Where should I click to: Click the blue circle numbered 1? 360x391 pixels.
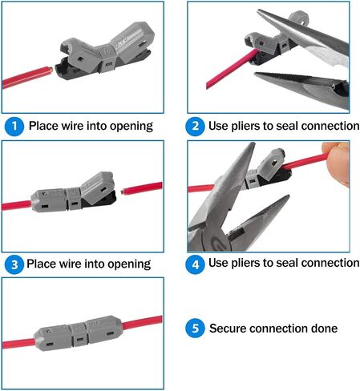point(14,126)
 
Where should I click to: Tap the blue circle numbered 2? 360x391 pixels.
point(195,126)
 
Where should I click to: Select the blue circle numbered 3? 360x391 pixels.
point(14,264)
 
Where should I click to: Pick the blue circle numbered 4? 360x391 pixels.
point(195,264)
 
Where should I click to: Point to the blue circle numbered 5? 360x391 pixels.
point(195,328)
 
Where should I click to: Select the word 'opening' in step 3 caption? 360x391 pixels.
point(129,264)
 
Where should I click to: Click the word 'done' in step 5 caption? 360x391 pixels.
point(324,329)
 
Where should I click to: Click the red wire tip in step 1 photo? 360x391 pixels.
point(49,71)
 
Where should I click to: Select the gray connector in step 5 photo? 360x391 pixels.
point(79,333)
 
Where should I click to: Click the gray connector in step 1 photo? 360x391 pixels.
point(107,51)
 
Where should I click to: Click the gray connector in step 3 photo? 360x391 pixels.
point(74,193)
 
